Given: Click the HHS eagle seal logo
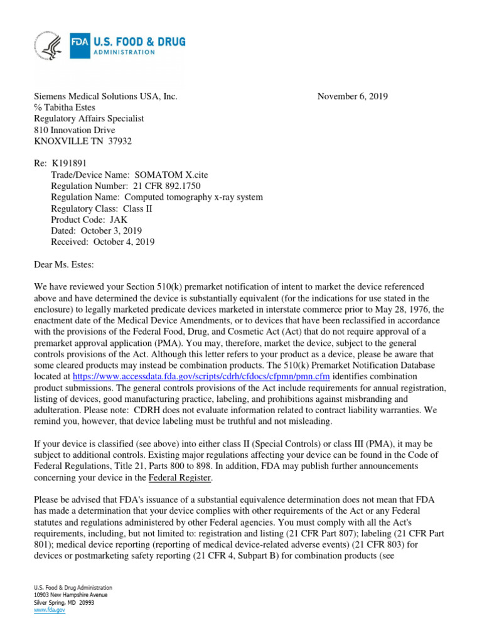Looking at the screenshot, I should point(49,47).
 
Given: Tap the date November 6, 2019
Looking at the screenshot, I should point(352,96).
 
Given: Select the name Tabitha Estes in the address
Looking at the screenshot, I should point(68,107).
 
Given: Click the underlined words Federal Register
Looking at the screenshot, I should point(179,478).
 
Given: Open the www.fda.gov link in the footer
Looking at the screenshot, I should point(50,610).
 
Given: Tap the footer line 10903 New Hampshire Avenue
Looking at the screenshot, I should point(70,595).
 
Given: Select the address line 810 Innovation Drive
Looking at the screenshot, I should point(75,130).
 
